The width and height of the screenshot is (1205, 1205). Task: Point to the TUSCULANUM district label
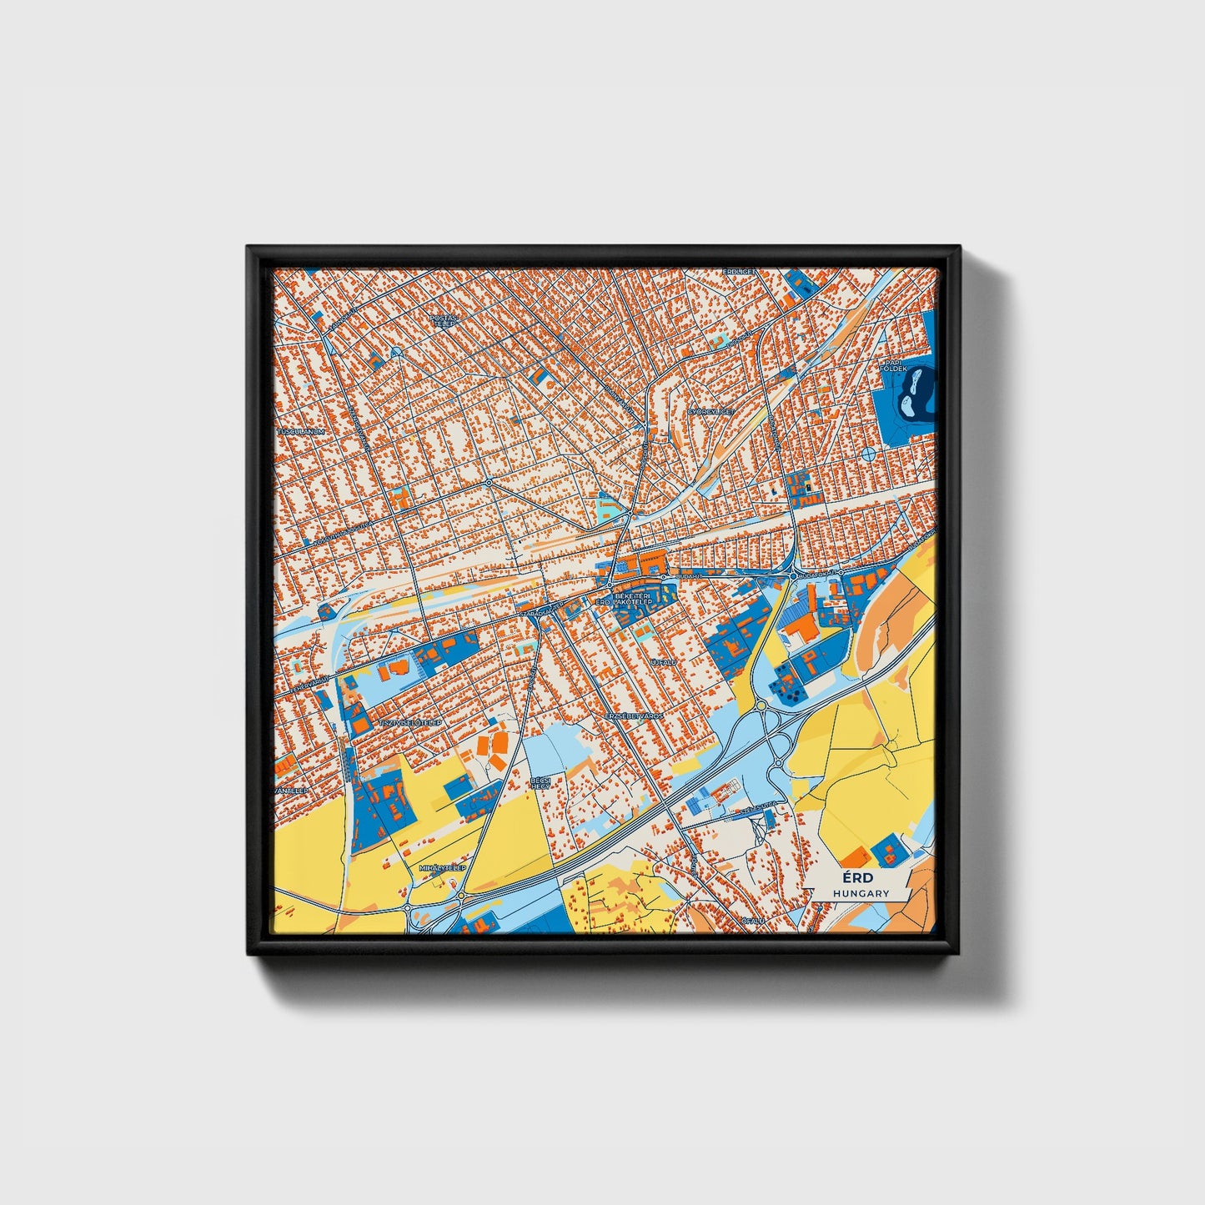pos(300,432)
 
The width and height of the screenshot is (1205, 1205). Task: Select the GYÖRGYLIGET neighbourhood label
pos(710,412)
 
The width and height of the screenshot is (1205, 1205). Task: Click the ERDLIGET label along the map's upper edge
pos(739,271)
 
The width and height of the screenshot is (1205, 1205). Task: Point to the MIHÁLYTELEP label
pos(441,868)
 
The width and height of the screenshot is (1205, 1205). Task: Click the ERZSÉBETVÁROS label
pos(633,716)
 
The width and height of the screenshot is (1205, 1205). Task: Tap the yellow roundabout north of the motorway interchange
pos(761,705)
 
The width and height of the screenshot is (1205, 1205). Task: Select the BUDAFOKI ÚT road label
pos(816,575)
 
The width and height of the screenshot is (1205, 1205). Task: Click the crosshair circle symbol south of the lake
pos(867,454)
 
